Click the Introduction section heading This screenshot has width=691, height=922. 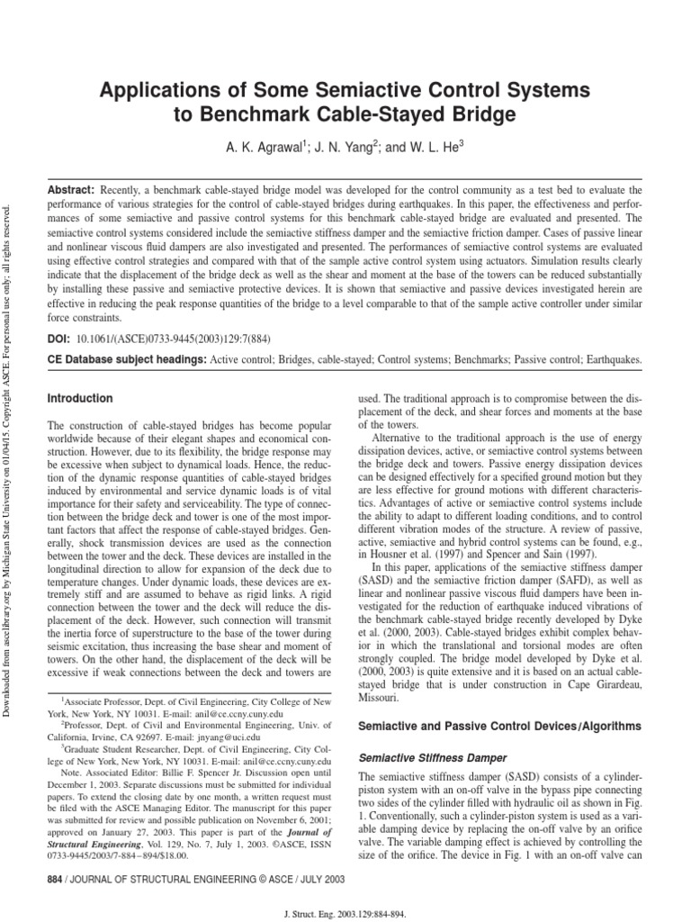coord(80,398)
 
